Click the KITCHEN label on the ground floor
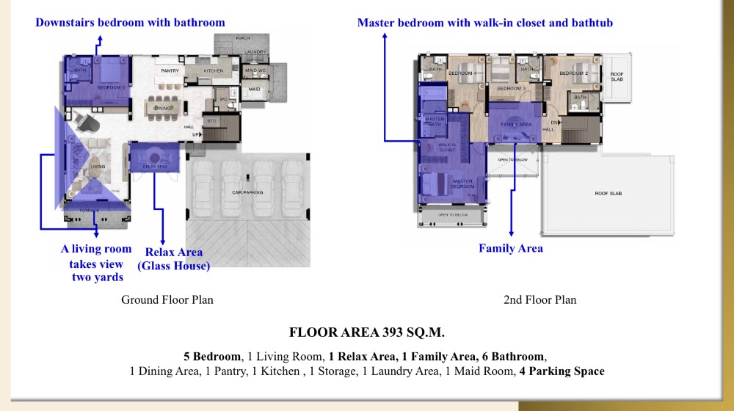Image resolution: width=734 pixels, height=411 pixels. click(x=213, y=71)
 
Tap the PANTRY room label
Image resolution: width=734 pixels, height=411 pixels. click(x=170, y=71)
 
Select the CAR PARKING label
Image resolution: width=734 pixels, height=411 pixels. click(x=248, y=192)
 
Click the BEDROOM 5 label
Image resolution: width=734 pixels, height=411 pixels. click(x=112, y=87)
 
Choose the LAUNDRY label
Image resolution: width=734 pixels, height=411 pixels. click(x=255, y=52)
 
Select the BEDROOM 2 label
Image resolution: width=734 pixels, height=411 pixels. click(x=574, y=73)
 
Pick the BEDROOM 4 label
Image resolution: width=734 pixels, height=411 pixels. click(x=463, y=73)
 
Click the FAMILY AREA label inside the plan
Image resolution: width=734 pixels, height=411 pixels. click(x=516, y=125)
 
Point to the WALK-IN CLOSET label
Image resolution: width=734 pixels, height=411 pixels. click(x=448, y=148)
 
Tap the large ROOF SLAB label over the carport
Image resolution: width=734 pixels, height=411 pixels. click(x=610, y=194)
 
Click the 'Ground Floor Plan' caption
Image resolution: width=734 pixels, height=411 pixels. click(x=167, y=300)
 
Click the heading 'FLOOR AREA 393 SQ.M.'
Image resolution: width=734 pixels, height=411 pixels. click(x=366, y=332)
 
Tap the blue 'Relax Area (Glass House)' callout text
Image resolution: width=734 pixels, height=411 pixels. click(x=178, y=259)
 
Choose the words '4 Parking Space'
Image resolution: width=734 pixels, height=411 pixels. click(x=562, y=371)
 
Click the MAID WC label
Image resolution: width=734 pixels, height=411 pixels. click(x=255, y=70)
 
